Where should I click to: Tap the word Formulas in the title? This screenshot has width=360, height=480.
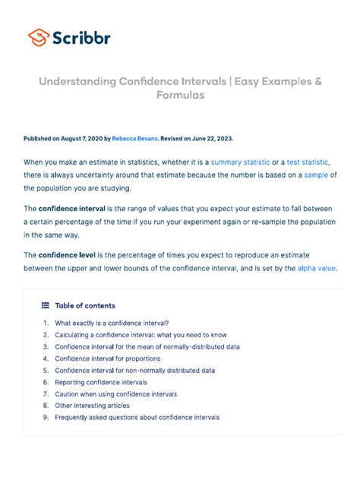point(180,96)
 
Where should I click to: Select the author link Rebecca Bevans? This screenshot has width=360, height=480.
point(136,139)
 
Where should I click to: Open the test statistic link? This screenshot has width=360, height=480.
point(308,163)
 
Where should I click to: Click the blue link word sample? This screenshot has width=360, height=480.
point(318,175)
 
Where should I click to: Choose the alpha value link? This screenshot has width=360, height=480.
point(314,269)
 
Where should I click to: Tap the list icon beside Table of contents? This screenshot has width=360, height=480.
point(46,305)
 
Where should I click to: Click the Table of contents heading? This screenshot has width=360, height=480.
point(85,305)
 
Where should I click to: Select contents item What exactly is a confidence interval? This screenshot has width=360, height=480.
point(112,323)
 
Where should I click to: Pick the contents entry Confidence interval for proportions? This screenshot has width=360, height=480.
point(107,358)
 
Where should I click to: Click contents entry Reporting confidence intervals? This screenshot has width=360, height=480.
point(101,382)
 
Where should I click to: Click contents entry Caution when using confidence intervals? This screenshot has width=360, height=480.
point(115,394)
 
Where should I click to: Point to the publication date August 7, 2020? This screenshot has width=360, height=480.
point(85,139)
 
